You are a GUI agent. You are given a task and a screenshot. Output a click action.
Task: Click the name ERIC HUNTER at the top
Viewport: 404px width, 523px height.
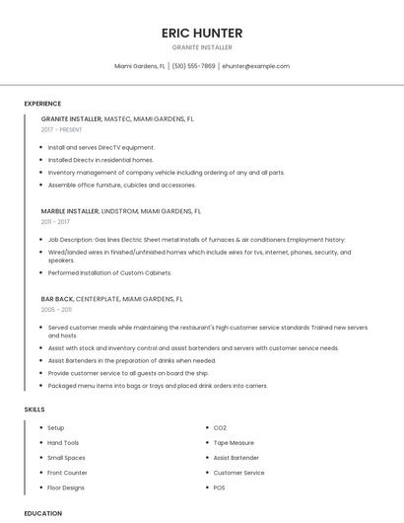202,33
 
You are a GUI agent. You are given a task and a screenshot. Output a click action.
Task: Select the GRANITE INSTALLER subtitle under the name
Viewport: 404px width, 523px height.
202,46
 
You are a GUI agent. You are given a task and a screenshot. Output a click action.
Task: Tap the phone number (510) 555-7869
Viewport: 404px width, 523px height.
194,66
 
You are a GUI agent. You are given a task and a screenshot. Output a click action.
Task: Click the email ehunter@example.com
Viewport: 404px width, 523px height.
256,66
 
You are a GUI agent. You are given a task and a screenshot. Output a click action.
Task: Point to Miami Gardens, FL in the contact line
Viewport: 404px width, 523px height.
140,66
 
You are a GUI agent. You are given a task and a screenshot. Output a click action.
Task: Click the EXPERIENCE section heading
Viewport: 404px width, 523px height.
42,104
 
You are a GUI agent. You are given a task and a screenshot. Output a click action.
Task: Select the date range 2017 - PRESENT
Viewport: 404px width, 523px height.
62,129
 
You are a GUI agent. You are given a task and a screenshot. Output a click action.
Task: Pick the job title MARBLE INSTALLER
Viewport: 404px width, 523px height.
70,210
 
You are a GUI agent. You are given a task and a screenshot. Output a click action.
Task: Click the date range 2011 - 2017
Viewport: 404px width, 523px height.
55,222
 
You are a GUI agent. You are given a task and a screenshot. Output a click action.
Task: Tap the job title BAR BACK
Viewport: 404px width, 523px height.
57,298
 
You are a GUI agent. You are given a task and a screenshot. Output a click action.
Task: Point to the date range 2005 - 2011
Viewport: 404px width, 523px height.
56,310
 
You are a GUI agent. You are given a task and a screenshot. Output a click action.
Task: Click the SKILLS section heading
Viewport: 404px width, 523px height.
34,409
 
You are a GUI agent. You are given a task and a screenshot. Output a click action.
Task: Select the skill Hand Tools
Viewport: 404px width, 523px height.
63,443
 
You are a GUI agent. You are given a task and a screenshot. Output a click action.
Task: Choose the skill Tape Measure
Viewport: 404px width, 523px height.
234,443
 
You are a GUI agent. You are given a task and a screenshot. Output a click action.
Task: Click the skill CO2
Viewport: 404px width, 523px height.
220,428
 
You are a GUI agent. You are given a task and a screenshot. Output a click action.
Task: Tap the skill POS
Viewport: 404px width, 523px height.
220,487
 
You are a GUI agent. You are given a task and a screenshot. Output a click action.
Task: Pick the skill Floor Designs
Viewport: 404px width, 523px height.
66,487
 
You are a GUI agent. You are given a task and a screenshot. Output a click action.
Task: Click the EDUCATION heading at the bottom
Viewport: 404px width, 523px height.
43,513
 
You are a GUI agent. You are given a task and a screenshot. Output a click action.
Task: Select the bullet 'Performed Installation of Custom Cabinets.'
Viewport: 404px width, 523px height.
109,272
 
